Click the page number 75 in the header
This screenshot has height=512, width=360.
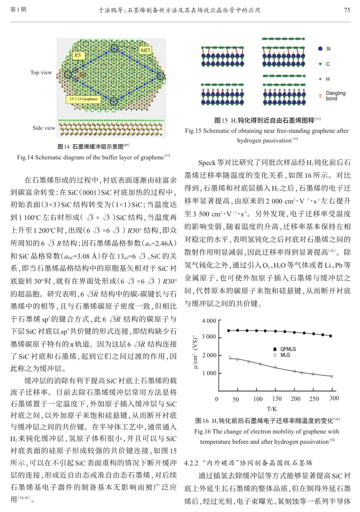(x=347, y=10)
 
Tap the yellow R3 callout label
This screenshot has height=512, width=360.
(x=78, y=55)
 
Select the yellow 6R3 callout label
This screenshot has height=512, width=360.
(x=145, y=50)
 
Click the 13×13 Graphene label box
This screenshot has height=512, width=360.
(x=83, y=99)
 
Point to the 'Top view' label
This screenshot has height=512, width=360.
(x=41, y=73)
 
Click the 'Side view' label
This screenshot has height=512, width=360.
(x=44, y=128)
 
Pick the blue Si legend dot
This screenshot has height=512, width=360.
(x=320, y=49)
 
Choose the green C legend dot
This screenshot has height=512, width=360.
(x=320, y=64)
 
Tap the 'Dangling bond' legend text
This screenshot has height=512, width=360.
(x=335, y=96)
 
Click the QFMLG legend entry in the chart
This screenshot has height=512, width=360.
(x=288, y=349)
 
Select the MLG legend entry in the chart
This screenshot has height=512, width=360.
(x=285, y=355)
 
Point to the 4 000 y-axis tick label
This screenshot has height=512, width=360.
(x=209, y=321)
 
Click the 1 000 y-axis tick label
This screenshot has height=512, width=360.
(x=209, y=373)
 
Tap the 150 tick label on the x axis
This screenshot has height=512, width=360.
(x=277, y=399)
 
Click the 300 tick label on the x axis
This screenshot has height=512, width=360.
(x=334, y=398)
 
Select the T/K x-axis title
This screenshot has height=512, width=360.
(x=272, y=409)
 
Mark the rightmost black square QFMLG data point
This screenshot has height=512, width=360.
(x=331, y=336)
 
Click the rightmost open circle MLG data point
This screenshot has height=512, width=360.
(x=332, y=376)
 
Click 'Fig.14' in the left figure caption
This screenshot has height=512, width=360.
(x=25, y=157)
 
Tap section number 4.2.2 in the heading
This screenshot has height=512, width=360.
(x=191, y=463)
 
